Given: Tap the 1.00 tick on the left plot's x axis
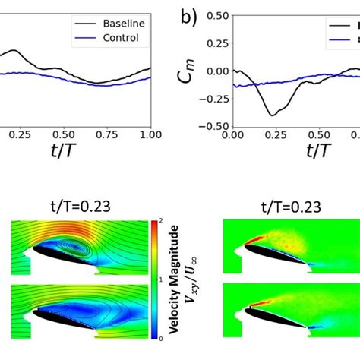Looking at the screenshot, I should pyautogui.click(x=150, y=134).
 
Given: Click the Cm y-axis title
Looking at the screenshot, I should pyautogui.click(x=187, y=71).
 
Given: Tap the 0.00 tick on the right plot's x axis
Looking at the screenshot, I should pyautogui.click(x=233, y=134).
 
